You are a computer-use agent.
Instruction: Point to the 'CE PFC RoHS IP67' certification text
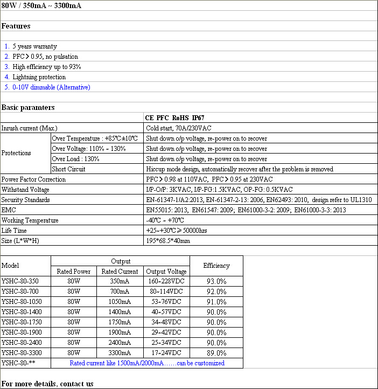tap(174, 117)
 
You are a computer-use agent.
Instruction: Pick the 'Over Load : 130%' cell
tap(75, 159)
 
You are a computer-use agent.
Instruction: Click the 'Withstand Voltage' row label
tap(25, 190)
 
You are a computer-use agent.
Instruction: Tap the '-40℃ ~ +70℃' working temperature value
tap(165, 220)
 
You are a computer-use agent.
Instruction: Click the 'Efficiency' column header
tap(216, 266)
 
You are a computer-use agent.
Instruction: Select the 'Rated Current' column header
tap(119, 272)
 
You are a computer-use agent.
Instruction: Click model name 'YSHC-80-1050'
tap(22, 302)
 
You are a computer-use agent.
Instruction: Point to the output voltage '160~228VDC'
tap(167, 281)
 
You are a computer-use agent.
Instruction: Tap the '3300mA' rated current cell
tap(119, 353)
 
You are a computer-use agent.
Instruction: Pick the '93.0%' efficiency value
tap(216, 281)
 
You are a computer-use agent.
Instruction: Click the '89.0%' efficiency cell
tap(216, 353)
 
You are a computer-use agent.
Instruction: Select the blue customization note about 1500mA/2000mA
tap(147, 363)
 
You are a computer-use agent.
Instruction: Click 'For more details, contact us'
tap(47, 384)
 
